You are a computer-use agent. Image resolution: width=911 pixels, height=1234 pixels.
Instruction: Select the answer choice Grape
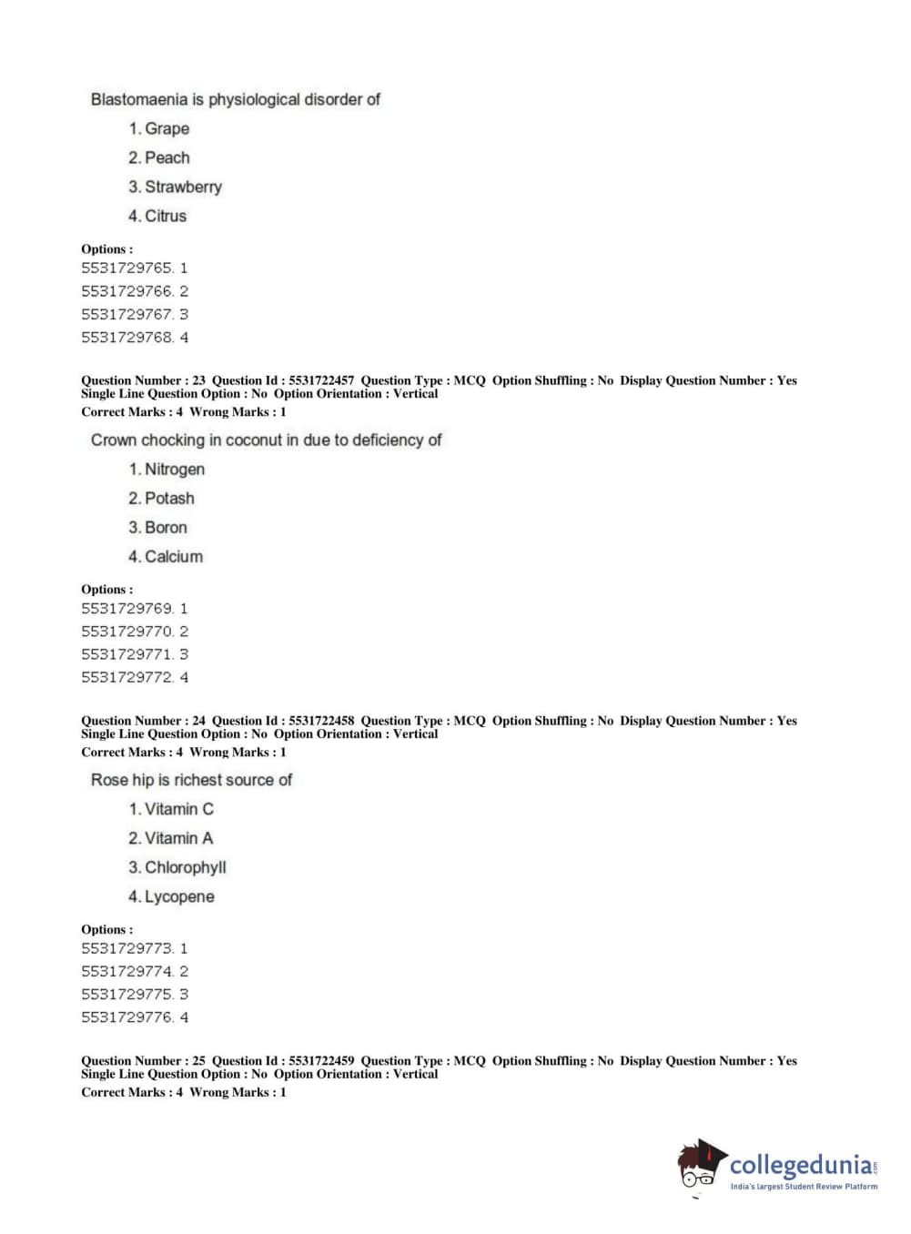(x=167, y=128)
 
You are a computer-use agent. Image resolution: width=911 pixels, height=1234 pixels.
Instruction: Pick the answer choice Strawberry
(x=183, y=187)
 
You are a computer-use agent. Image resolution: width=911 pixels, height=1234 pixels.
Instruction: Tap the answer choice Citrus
(x=165, y=216)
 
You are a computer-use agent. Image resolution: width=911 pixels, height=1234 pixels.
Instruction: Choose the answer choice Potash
(x=169, y=498)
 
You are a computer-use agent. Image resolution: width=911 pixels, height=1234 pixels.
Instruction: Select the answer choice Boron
(x=166, y=527)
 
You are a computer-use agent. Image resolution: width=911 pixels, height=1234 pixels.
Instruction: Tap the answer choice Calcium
(x=173, y=556)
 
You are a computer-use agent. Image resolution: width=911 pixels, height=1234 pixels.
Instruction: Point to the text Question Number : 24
(x=143, y=721)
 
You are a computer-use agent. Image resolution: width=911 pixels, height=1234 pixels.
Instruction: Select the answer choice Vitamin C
(x=178, y=809)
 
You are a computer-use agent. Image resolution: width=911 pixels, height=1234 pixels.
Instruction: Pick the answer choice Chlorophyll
(x=185, y=867)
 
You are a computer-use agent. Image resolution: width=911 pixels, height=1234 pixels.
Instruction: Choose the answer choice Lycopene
(x=179, y=896)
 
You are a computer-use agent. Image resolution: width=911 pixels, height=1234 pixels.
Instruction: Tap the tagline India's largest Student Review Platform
(x=804, y=1187)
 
